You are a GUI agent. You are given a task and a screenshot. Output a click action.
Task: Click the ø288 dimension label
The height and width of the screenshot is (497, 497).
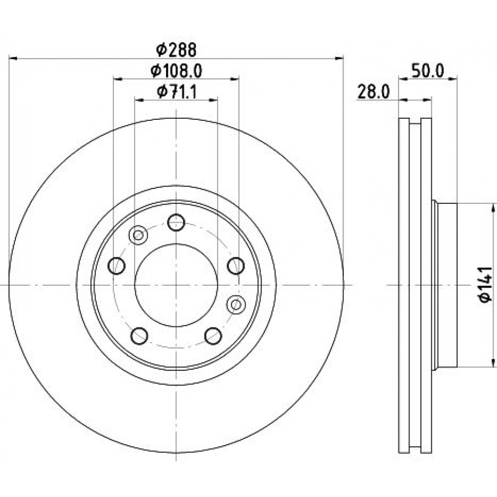(x=176, y=50)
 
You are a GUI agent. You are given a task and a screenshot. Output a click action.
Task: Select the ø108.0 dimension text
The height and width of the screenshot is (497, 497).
(x=176, y=71)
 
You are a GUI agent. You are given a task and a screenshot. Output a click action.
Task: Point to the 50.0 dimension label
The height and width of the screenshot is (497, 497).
(x=427, y=71)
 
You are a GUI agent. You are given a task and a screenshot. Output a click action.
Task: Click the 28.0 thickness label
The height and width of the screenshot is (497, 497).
(x=373, y=92)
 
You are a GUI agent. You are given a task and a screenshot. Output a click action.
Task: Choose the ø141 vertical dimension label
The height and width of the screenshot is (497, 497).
(x=485, y=284)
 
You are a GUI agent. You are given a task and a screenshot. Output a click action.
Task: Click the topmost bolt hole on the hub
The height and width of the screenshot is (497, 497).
(x=176, y=223)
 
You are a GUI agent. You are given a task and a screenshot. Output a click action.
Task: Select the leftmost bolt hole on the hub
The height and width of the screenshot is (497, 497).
(x=117, y=265)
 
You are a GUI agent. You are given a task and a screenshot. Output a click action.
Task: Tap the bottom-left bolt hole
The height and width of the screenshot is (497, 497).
(x=139, y=335)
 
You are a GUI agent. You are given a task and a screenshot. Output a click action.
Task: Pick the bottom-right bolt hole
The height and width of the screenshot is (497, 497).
(x=213, y=335)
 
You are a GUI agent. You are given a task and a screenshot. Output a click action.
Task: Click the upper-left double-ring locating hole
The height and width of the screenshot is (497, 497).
(x=138, y=235)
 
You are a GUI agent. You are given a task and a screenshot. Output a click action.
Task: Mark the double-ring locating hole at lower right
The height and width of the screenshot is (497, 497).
(x=236, y=305)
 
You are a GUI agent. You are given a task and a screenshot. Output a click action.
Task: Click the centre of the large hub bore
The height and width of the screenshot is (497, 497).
(x=176, y=285)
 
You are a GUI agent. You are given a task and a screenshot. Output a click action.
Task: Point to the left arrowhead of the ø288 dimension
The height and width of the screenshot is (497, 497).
(x=13, y=58)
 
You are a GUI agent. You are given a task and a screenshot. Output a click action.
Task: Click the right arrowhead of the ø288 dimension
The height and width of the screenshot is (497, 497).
(x=339, y=58)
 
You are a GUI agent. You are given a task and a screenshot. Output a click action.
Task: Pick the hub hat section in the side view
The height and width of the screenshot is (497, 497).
(x=444, y=285)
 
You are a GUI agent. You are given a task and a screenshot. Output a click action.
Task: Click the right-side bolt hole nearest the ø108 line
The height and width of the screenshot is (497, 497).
(x=236, y=265)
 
